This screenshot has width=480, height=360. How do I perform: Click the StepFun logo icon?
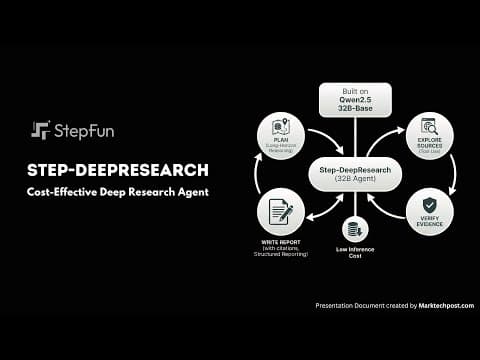coord(41,130)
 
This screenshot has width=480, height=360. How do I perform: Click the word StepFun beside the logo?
coord(84,130)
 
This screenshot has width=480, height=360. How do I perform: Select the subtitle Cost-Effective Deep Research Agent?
coord(119,191)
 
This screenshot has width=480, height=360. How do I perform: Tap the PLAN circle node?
coord(280,135)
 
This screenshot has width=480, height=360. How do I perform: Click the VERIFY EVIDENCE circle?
coord(429,212)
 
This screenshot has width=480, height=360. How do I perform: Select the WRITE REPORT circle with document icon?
coord(280,213)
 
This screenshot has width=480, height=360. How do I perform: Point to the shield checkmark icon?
coord(429,205)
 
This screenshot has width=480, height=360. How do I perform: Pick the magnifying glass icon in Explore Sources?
coord(429,127)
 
